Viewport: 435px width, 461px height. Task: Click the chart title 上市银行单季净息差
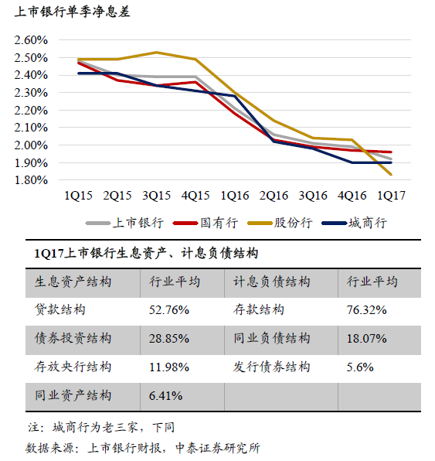pos(73,12)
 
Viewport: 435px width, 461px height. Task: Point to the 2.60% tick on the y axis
pos(31,40)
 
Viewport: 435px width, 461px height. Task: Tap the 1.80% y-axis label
pos(31,180)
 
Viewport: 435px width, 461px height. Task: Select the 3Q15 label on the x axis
pos(156,196)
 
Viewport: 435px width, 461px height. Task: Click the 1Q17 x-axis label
pos(391,196)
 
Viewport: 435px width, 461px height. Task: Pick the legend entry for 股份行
pos(280,223)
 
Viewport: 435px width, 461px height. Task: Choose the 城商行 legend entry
pos(355,223)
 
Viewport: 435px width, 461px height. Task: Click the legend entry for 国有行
pos(206,223)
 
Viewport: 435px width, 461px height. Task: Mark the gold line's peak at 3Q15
pos(156,53)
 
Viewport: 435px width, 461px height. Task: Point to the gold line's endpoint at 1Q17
pos(391,175)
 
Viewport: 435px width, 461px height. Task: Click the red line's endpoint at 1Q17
pos(391,152)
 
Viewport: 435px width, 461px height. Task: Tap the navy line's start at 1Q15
pos(79,73)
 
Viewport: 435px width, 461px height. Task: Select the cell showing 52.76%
pos(169,310)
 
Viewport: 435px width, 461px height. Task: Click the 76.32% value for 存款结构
pos(366,310)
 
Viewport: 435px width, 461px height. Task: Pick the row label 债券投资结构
pos(73,338)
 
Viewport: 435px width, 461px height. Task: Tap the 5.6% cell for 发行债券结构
pos(360,367)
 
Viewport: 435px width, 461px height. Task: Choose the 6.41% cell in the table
pos(165,396)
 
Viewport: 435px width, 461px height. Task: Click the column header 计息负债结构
pos(272,282)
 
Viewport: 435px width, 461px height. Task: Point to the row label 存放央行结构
pos(73,367)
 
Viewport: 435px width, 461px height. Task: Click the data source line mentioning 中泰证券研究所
pos(143,449)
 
